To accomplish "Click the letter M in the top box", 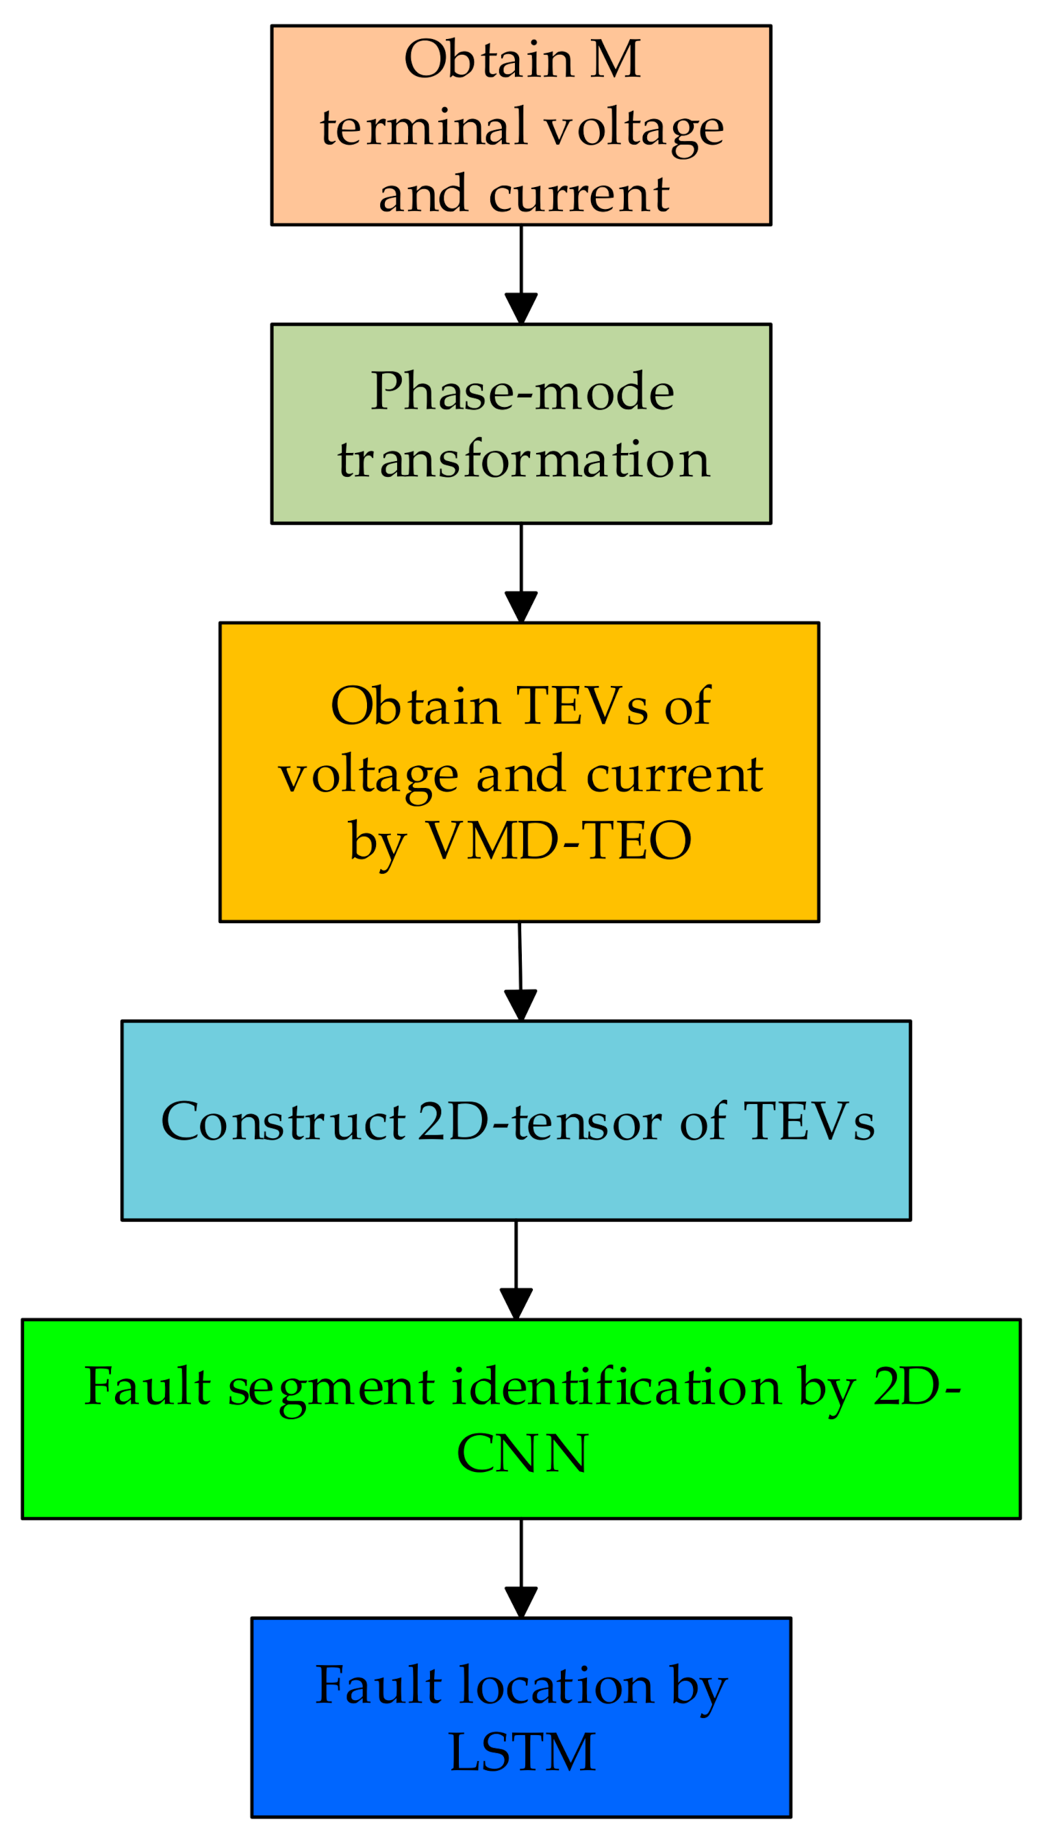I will (x=616, y=60).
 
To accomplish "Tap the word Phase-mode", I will (x=522, y=392).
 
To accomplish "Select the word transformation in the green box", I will (x=523, y=460).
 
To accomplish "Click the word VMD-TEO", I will (x=559, y=840).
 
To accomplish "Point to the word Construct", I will (x=283, y=1122).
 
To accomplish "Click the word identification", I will (x=616, y=1387).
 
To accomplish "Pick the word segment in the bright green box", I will (x=331, y=1387).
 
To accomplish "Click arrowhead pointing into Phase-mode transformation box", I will (x=521, y=308).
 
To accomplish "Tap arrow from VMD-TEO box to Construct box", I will (x=520, y=970).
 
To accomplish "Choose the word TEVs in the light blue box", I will (x=809, y=1122).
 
